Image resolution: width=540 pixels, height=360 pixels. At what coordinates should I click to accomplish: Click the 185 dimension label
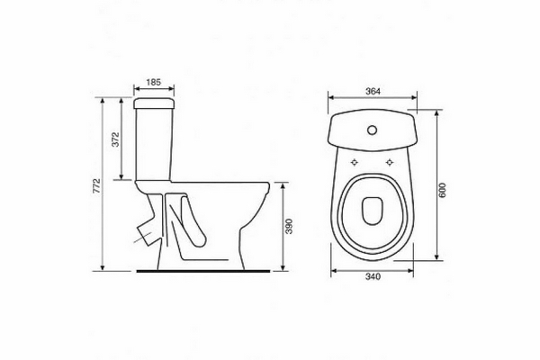pyautogui.click(x=154, y=82)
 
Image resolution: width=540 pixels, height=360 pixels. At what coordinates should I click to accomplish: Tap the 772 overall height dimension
pyautogui.click(x=97, y=185)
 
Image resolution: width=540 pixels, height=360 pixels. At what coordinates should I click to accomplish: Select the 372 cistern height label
pyautogui.click(x=116, y=139)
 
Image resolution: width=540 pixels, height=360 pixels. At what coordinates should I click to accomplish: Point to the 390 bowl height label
pyautogui.click(x=289, y=226)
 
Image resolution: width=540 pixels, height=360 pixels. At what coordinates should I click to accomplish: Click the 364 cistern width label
pyautogui.click(x=373, y=91)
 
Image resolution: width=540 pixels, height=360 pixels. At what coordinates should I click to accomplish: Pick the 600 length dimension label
pyautogui.click(x=443, y=190)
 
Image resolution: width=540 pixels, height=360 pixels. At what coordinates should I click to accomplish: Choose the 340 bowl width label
pyautogui.click(x=373, y=276)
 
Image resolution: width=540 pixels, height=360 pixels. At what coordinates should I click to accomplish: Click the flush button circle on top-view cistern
pyautogui.click(x=373, y=130)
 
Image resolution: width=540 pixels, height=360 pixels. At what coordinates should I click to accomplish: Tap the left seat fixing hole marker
pyautogui.click(x=355, y=162)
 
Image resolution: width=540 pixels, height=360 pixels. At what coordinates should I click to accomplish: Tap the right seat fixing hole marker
pyautogui.click(x=390, y=162)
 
